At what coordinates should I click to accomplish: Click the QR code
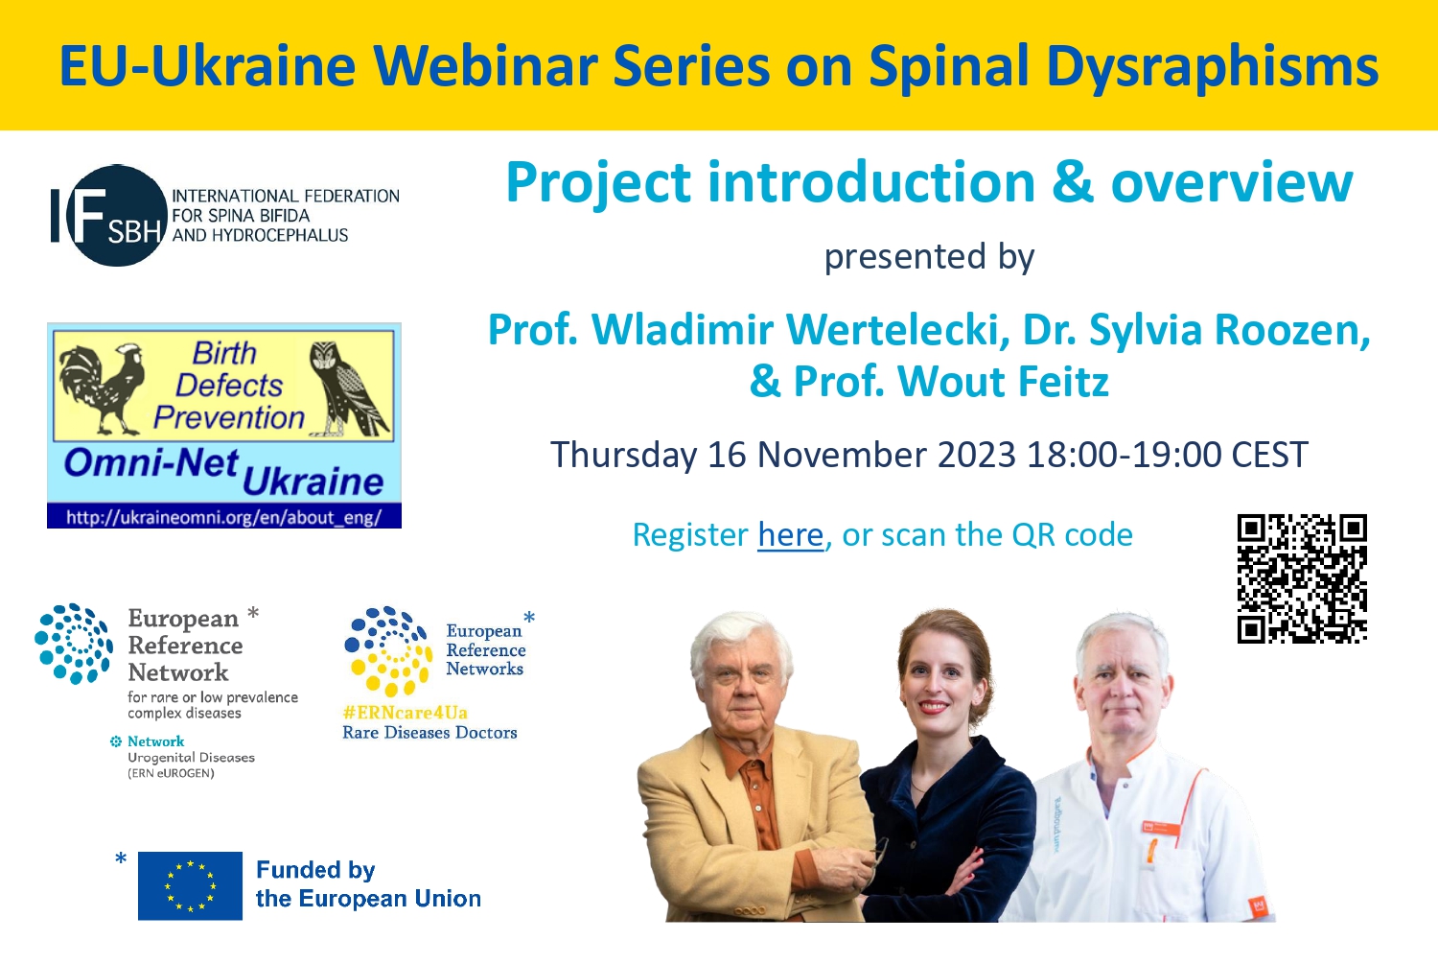point(1302,578)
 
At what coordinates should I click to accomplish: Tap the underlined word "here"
point(790,535)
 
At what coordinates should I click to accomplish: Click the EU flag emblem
point(190,885)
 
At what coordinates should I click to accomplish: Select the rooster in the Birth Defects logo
point(102,388)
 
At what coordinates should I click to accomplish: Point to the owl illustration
point(347,388)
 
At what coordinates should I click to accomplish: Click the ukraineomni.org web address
point(224,517)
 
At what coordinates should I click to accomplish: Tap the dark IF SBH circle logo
point(116,216)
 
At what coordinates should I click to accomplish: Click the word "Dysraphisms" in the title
point(1213,67)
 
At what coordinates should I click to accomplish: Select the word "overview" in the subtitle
point(1232,182)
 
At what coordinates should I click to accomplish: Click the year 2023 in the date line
point(977,455)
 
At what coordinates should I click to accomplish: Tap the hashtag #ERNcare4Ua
point(406,713)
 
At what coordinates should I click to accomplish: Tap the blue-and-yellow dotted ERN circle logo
point(388,651)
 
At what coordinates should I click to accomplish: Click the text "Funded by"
point(315,870)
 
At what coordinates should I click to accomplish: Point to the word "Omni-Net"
point(151,462)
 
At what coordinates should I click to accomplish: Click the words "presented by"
point(929,257)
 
